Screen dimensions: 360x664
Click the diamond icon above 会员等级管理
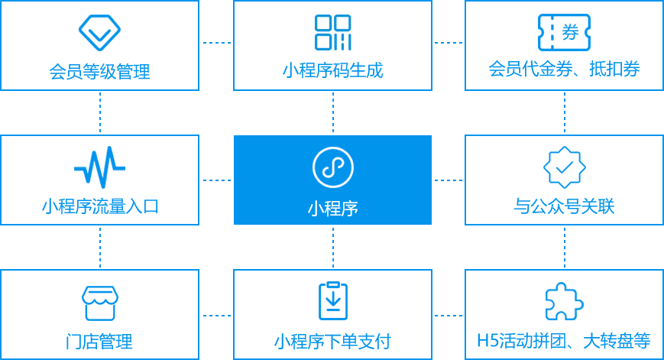(x=99, y=32)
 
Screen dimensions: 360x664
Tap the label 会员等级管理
(x=99, y=72)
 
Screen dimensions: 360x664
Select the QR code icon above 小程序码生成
(x=332, y=32)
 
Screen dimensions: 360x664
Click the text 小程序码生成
(x=332, y=71)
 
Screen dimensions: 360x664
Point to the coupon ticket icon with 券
(x=564, y=32)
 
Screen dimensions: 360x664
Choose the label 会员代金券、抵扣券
(x=564, y=70)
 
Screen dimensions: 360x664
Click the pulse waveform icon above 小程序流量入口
(x=99, y=167)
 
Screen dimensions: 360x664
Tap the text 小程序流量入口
(x=99, y=206)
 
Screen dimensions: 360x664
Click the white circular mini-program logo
(x=332, y=167)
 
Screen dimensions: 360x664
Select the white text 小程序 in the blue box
(x=332, y=208)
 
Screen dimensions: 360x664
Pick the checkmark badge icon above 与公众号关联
(x=564, y=167)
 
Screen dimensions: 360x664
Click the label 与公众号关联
(x=564, y=206)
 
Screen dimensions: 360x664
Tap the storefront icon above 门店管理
(x=99, y=302)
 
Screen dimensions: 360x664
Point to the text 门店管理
(x=99, y=342)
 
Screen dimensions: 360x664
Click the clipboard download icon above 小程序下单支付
(x=332, y=300)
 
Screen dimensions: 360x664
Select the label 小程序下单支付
(x=332, y=341)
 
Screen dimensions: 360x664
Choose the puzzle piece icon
(x=564, y=302)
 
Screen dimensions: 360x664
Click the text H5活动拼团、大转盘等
(x=564, y=340)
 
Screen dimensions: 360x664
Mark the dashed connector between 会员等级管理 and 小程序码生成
(x=216, y=43)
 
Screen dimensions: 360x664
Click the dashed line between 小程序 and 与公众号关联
(x=448, y=180)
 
